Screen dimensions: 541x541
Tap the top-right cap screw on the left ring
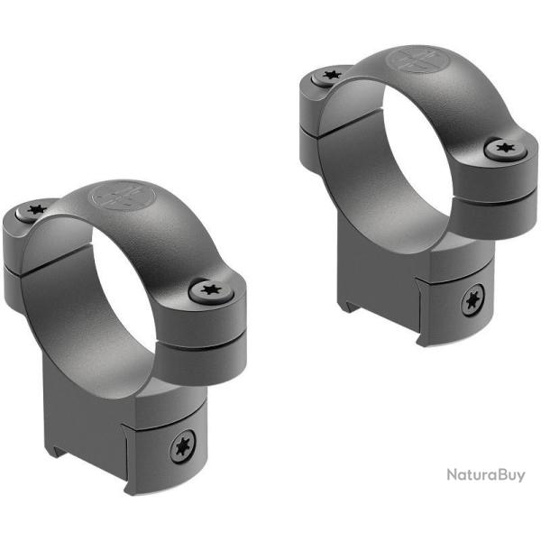tap(212, 290)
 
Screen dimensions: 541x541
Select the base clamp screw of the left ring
tap(181, 446)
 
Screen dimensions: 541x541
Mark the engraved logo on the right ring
tap(417, 62)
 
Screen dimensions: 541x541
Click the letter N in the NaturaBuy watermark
tap(452, 500)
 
